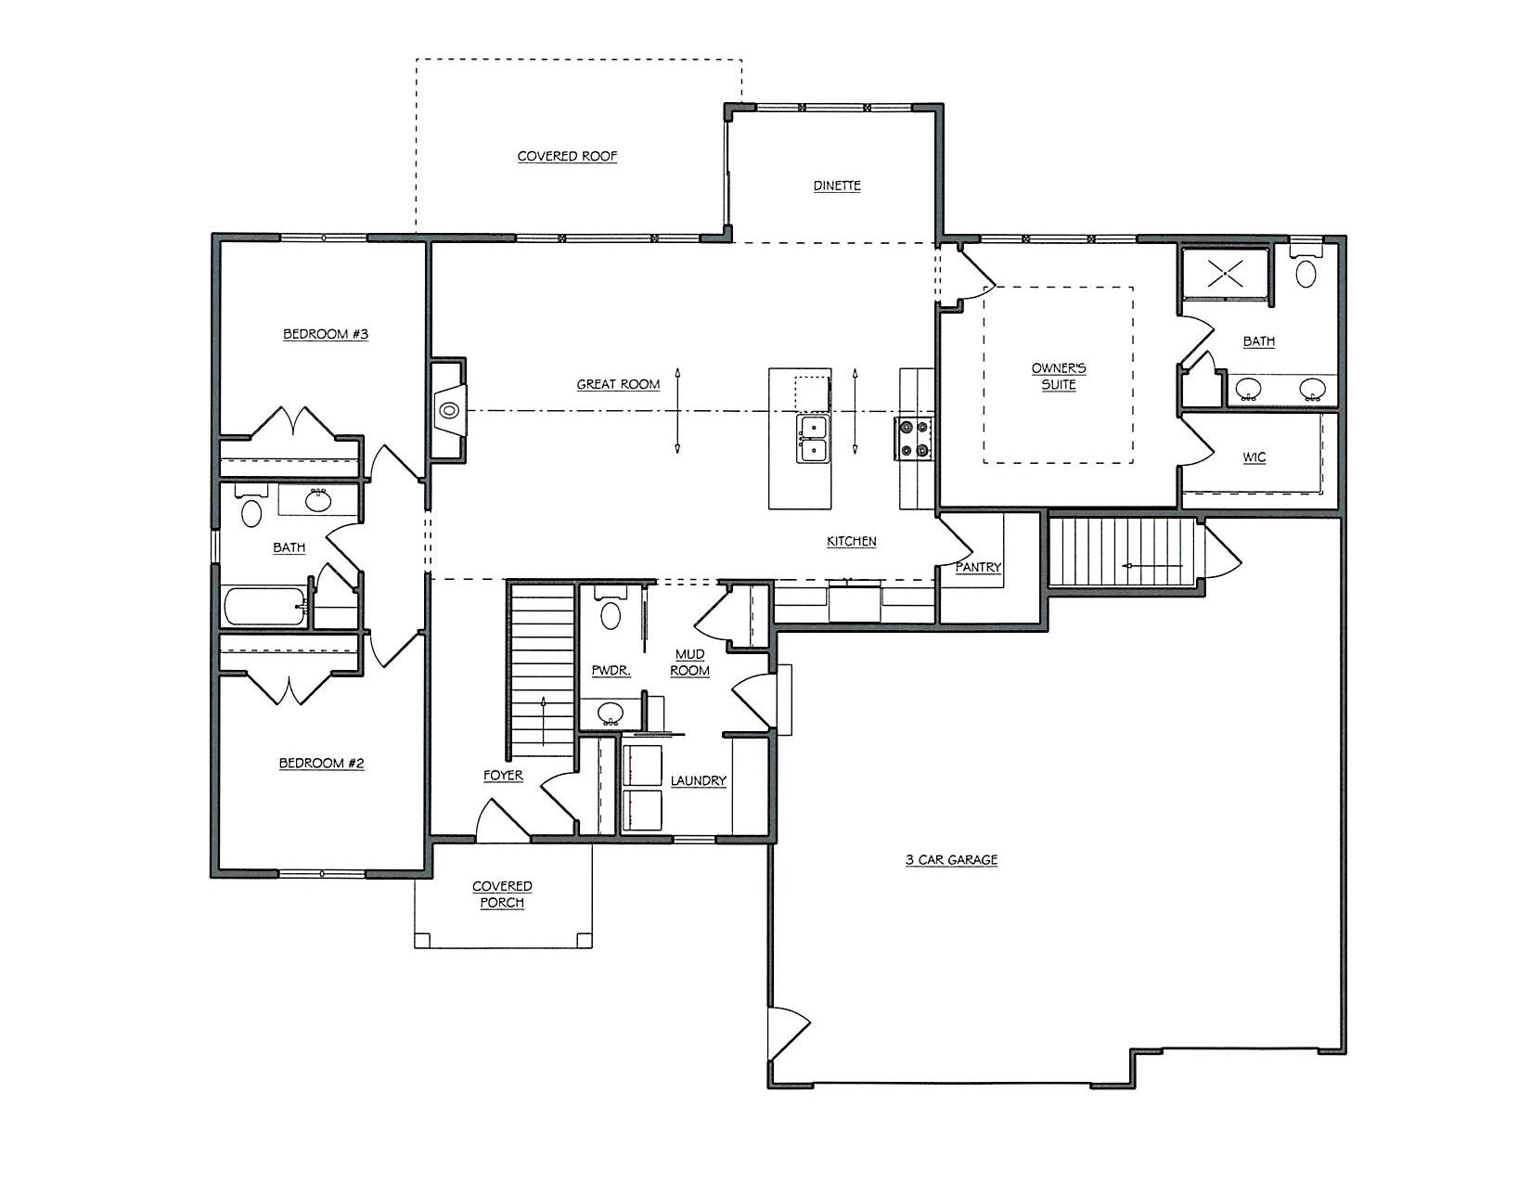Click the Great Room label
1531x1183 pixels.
coord(618,385)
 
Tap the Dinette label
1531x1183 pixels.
coord(836,186)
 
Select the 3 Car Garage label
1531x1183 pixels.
coord(951,859)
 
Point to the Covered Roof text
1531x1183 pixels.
coord(567,157)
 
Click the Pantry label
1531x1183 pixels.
coord(978,567)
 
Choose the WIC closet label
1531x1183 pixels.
coord(1254,457)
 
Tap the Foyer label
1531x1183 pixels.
coord(503,775)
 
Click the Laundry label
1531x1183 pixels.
coord(698,780)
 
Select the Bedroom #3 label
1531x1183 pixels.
coord(326,334)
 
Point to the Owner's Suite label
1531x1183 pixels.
coord(1058,377)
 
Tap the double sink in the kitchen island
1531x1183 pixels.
coord(812,438)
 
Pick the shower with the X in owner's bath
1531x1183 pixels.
coord(1225,274)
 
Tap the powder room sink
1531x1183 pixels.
coord(611,713)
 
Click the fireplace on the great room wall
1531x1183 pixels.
coord(448,410)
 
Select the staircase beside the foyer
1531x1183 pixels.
coord(542,669)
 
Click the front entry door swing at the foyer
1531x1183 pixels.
coord(502,819)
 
